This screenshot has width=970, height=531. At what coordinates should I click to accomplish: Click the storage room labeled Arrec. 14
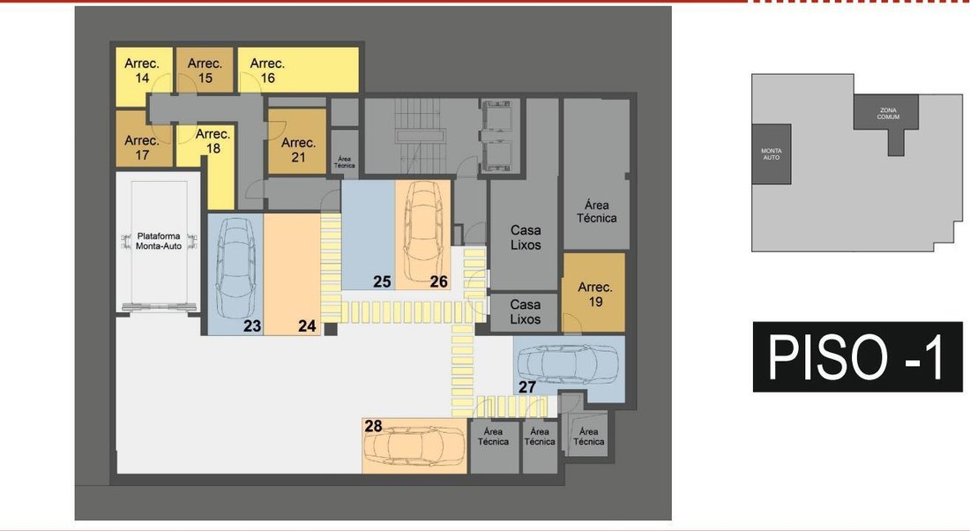[x=142, y=71]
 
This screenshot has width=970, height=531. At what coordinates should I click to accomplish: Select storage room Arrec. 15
[x=205, y=70]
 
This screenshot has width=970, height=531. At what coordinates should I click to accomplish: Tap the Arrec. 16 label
[x=267, y=71]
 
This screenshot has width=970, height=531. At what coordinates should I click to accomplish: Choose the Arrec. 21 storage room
[x=297, y=142]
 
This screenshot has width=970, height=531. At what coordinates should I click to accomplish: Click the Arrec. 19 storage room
[x=593, y=293]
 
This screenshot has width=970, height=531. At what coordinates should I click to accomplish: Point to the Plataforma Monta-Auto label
[x=159, y=241]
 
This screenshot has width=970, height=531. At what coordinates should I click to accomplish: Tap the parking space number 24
[x=307, y=325]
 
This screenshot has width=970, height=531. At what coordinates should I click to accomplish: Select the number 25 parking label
[x=382, y=281]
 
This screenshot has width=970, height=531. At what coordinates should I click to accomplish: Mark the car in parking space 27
[x=567, y=365]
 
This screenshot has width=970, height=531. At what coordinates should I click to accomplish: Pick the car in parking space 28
[x=414, y=445]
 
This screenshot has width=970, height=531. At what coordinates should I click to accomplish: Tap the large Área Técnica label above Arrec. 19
[x=596, y=211]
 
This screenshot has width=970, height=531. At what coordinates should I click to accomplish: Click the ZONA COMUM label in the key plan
[x=888, y=114]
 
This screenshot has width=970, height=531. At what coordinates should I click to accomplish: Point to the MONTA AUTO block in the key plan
[x=772, y=154]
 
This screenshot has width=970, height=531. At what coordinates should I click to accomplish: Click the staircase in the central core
[x=421, y=135]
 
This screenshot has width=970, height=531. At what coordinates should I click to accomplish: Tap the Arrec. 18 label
[x=213, y=141]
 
